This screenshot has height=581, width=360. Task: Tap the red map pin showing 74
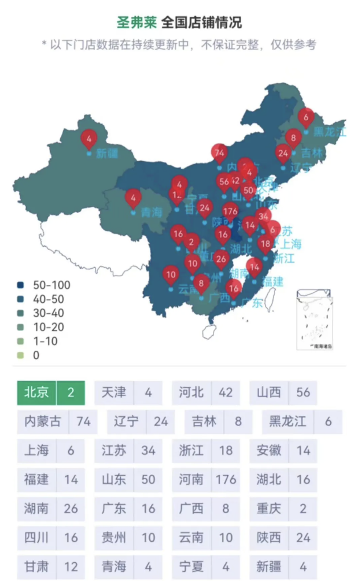220,152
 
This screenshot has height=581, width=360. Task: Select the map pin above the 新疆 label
89,138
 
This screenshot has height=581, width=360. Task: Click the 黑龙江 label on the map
329,132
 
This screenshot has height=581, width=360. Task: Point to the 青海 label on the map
152,213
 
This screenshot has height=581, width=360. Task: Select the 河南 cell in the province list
191,479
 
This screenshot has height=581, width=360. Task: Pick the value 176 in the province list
226,479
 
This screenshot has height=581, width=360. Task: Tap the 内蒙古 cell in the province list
43,422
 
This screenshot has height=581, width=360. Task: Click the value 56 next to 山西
303,392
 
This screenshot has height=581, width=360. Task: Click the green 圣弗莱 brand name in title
136,22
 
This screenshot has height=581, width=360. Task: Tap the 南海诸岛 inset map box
314,319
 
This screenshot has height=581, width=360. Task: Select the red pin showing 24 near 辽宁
284,153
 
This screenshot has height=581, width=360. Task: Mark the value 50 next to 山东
148,479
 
